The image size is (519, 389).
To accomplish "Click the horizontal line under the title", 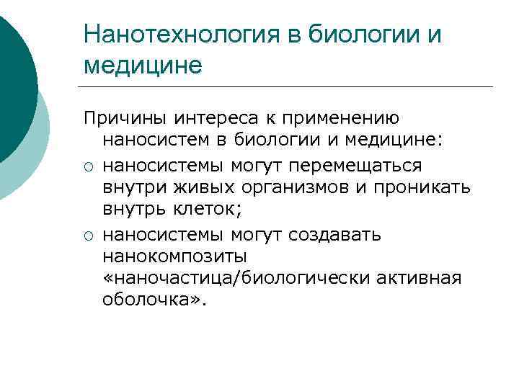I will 288,87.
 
